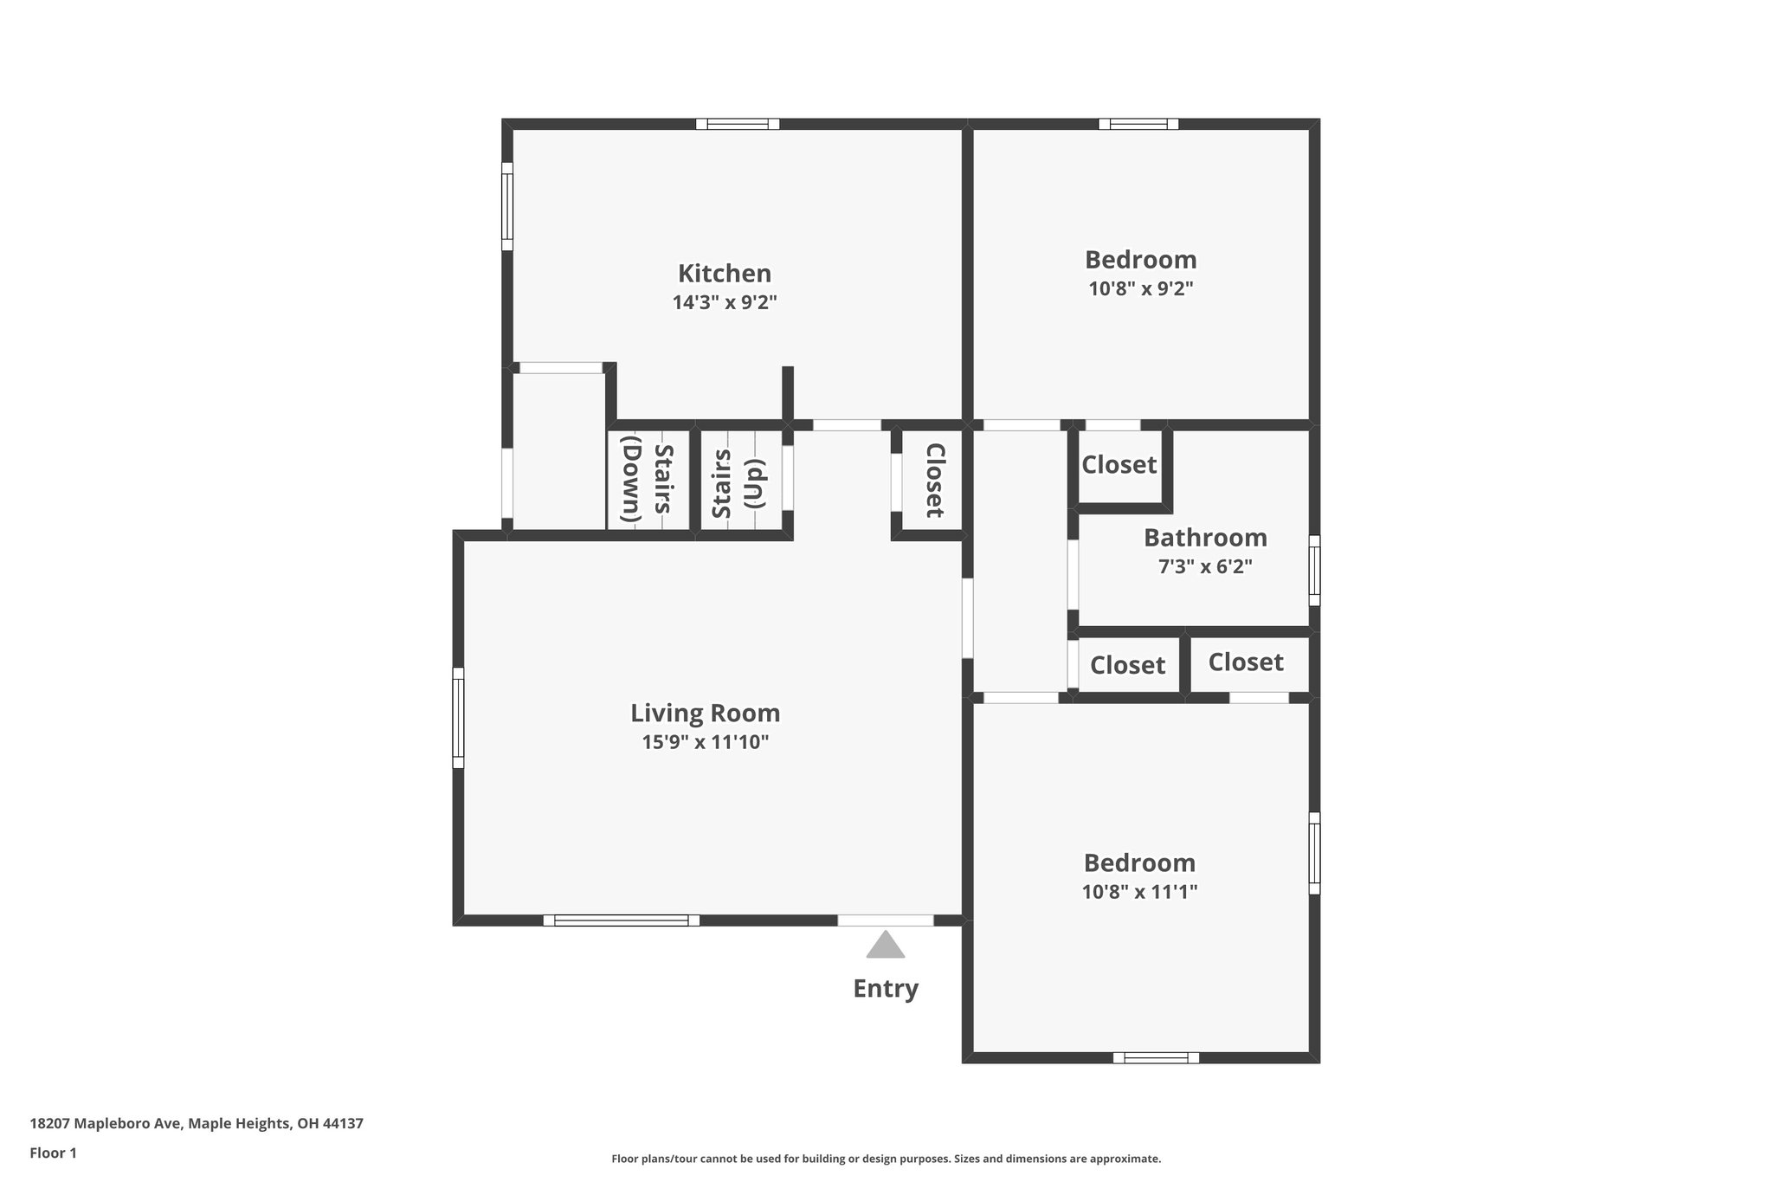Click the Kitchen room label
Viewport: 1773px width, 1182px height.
(724, 274)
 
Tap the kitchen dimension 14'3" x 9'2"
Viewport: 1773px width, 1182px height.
(724, 303)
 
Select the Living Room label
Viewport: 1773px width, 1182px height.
(705, 714)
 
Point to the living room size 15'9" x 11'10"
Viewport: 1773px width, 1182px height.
(705, 742)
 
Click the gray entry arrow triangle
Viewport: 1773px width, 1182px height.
(886, 946)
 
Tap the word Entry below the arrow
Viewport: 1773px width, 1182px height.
(886, 989)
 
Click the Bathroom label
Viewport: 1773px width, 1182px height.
(1205, 538)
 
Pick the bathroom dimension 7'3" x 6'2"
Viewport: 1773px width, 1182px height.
(1205, 567)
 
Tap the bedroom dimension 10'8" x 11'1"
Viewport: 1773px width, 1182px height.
(1139, 892)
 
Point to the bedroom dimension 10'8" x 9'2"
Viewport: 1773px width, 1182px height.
(1140, 289)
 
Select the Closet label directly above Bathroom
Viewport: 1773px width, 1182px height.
(1119, 465)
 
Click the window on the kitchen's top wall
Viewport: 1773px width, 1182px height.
(738, 125)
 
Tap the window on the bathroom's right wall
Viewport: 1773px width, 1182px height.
(1314, 570)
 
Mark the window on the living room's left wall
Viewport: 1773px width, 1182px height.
(459, 717)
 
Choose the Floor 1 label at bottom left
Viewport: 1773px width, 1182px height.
(53, 1153)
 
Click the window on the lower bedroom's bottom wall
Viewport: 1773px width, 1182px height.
(1156, 1057)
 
